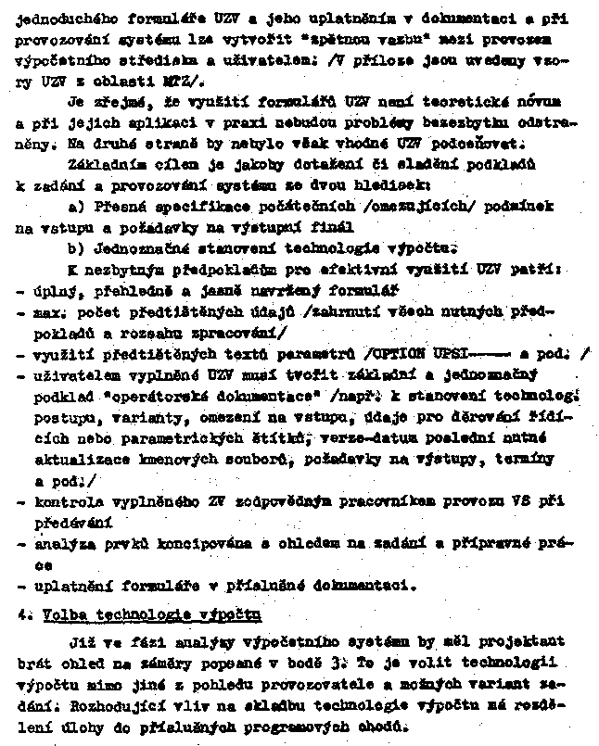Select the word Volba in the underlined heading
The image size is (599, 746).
click(57, 614)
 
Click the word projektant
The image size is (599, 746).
click(527, 640)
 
